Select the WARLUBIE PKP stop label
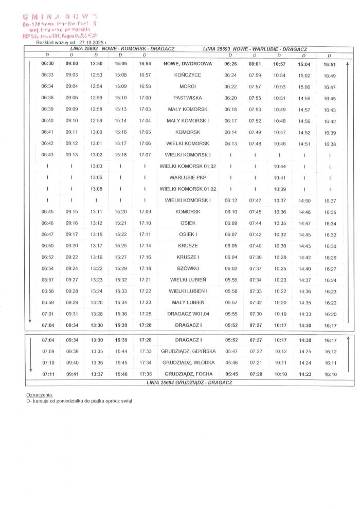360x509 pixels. (x=188, y=177)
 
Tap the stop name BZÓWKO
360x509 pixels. (x=188, y=268)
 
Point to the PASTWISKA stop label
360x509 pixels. (x=188, y=98)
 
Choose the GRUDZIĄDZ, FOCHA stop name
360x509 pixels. (x=188, y=374)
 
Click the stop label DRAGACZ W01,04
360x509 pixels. (x=188, y=314)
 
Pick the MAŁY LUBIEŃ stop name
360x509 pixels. (x=188, y=302)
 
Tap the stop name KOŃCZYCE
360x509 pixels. (x=188, y=75)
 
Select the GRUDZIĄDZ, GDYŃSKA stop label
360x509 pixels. (x=188, y=351)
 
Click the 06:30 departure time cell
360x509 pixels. (x=47, y=64)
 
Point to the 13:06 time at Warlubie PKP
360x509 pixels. (x=96, y=177)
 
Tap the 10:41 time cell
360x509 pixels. (x=280, y=177)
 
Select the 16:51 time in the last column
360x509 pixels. (x=330, y=65)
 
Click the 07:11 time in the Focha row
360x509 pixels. (x=48, y=374)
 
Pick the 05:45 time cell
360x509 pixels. (x=231, y=374)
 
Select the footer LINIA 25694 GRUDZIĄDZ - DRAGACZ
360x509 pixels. (x=189, y=383)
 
